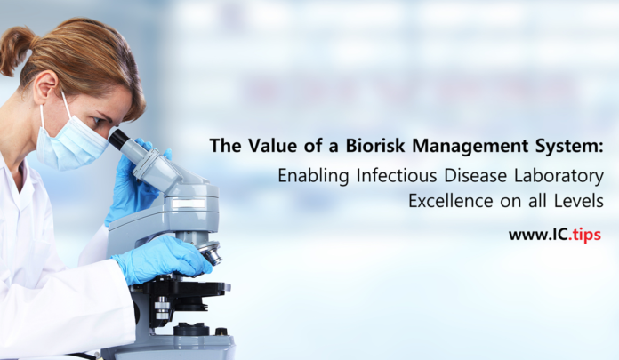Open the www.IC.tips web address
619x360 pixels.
[556, 235]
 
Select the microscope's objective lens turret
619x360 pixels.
[207, 252]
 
